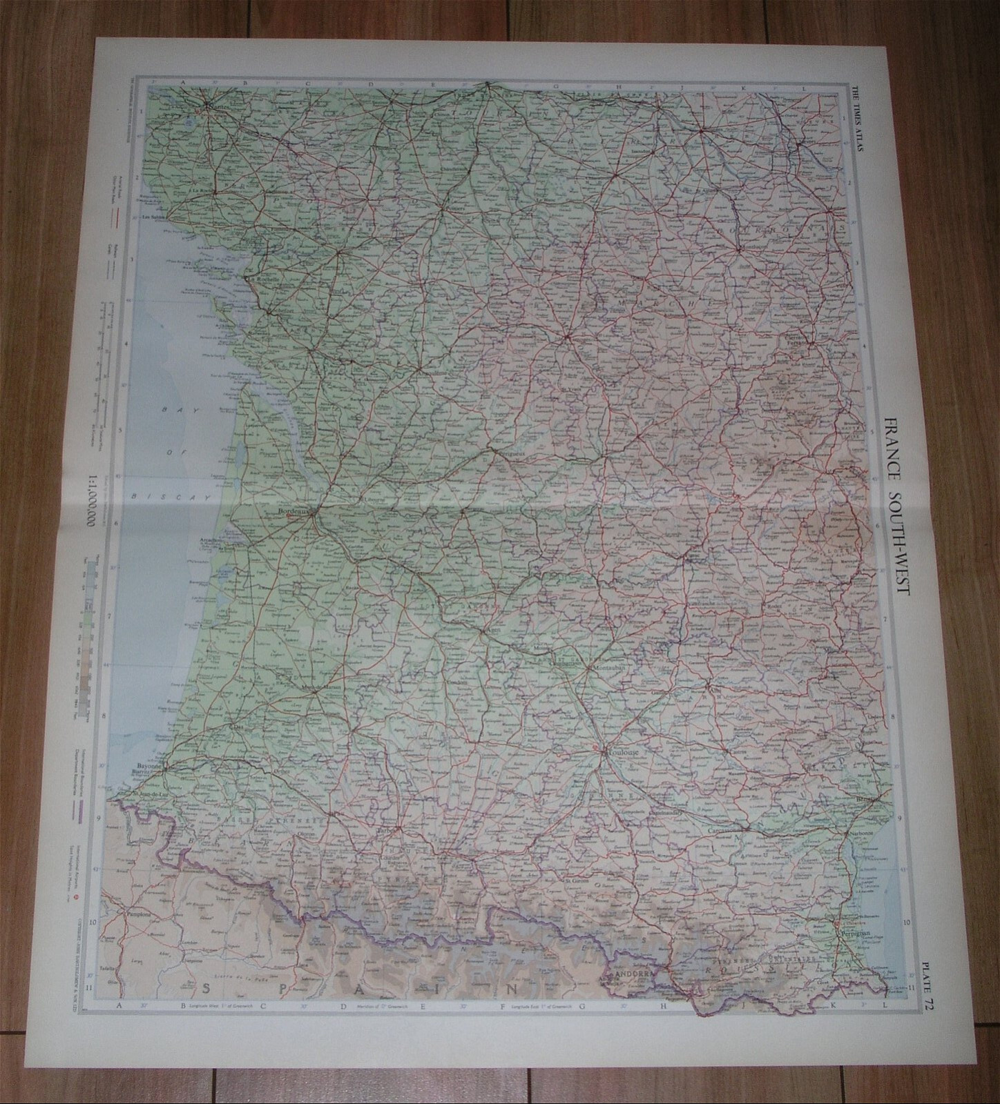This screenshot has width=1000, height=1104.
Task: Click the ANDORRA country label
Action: [x=629, y=974]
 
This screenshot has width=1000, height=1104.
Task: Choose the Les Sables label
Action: [x=155, y=216]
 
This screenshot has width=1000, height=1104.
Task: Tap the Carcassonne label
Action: [x=722, y=831]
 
